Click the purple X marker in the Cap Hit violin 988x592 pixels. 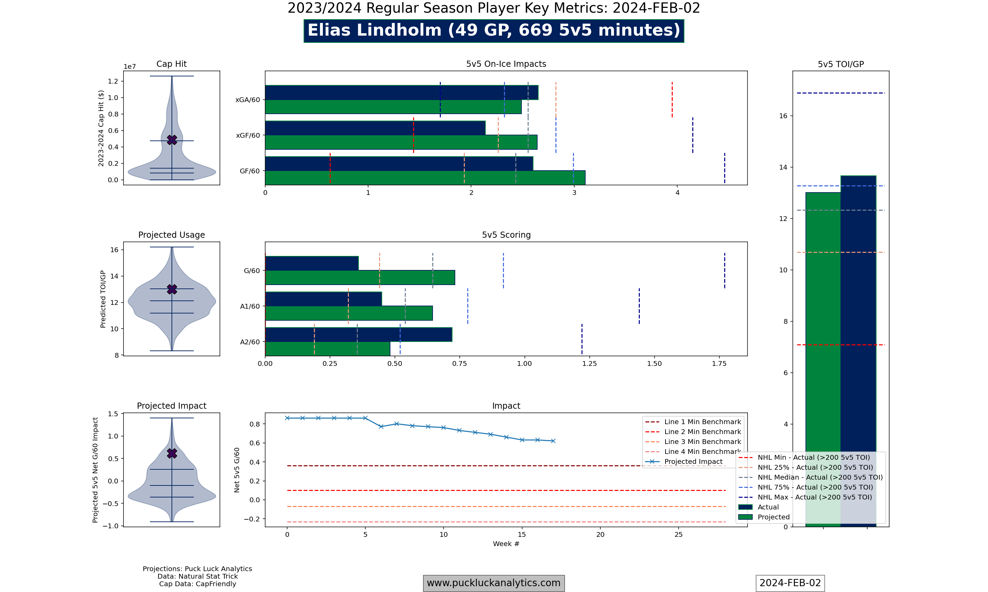pos(172,140)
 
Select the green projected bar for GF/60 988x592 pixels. pos(425,178)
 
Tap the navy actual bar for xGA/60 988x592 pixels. pos(401,92)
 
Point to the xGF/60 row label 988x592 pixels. pos(248,136)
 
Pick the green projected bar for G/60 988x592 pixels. pos(360,277)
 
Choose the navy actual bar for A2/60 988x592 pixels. pos(358,334)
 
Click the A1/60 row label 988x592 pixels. pos(250,306)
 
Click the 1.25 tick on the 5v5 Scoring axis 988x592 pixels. pos(589,364)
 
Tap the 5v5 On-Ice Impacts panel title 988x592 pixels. pos(506,64)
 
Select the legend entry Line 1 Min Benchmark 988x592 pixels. pos(702,422)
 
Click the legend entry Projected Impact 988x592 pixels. pos(693,461)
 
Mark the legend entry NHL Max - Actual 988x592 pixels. pos(814,497)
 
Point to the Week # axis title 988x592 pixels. pos(506,544)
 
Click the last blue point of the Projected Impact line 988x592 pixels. pos(553,441)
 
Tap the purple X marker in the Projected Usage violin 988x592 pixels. pos(172,289)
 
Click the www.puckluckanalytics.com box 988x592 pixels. pos(494,583)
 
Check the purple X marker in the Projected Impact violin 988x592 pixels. pos(172,453)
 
